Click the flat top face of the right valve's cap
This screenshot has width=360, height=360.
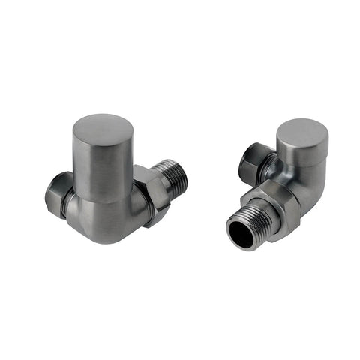click(302, 132)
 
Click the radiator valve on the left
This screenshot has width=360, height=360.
click(112, 180)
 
